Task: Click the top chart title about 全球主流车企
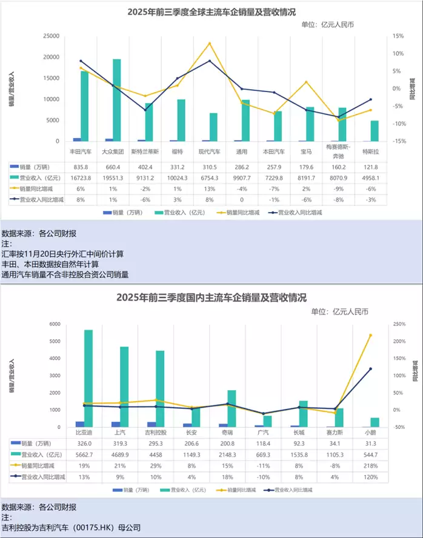(211, 12)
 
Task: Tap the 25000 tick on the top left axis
(50, 36)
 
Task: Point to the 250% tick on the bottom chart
(399, 324)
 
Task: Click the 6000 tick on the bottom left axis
(55, 324)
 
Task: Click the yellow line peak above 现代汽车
(210, 43)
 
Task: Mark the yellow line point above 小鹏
(370, 335)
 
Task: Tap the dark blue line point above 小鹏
(370, 369)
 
